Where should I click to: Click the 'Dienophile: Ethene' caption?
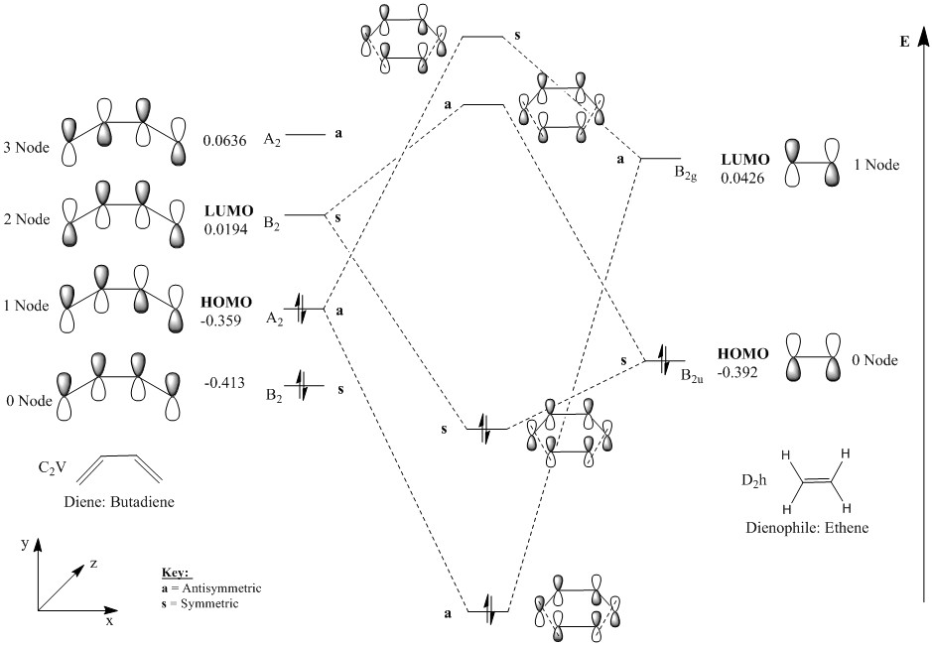[807, 527]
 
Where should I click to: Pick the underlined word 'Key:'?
[175, 574]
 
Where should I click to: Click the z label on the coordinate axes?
[93, 563]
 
